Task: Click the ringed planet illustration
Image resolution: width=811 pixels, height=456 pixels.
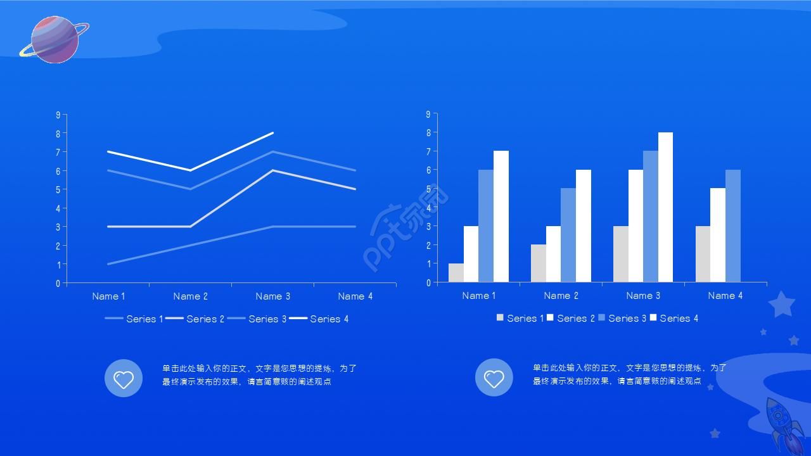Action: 55,39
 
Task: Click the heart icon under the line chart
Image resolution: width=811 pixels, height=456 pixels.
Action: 124,378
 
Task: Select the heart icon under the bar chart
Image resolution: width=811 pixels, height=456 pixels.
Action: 494,378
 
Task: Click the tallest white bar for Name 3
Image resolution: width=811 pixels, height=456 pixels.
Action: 665,207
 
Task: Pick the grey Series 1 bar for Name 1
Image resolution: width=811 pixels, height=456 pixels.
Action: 456,273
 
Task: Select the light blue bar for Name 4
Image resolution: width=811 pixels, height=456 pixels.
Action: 733,226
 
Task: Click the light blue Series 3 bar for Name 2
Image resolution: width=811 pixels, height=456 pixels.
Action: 568,235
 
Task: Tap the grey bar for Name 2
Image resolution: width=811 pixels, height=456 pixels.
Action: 539,263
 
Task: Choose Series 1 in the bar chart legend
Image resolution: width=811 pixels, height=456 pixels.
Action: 521,318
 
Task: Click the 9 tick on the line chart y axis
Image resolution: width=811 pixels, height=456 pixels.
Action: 58,115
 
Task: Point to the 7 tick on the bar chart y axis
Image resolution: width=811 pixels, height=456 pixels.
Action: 428,151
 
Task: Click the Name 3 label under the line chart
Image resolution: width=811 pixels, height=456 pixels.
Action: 273,296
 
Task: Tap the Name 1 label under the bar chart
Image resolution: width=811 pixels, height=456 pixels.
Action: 479,295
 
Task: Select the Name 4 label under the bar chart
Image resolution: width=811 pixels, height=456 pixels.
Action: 725,295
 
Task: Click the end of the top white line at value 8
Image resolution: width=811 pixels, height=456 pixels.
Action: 272,133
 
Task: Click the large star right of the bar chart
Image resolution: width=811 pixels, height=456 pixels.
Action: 782,305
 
